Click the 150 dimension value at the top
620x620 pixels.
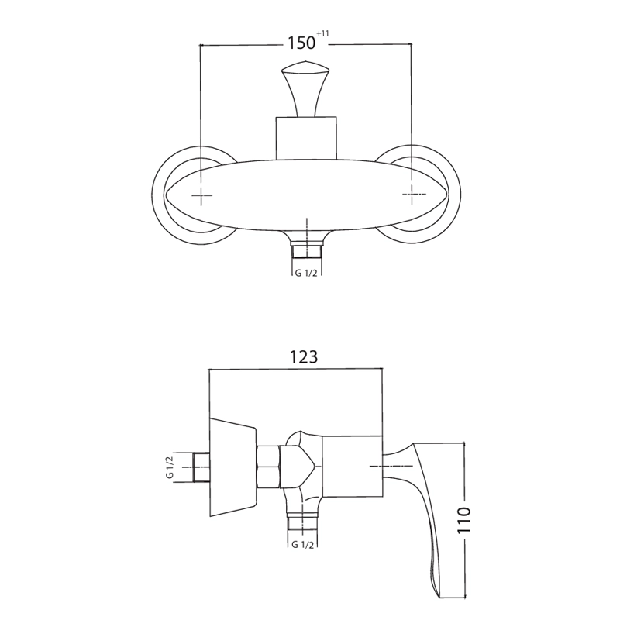click(301, 43)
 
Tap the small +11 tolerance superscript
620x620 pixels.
click(322, 33)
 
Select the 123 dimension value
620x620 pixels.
click(304, 356)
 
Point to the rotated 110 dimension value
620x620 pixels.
click(464, 519)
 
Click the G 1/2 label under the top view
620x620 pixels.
click(306, 273)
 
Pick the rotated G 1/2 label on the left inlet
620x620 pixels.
click(170, 467)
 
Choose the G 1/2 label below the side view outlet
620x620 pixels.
click(302, 545)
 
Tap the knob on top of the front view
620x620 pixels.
click(306, 88)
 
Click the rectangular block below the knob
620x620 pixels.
click(306, 138)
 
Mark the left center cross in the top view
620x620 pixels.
click(201, 195)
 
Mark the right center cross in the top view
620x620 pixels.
click(412, 195)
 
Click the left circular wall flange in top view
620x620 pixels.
click(158, 195)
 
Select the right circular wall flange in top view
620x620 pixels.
click(455, 195)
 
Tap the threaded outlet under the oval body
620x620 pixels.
click(307, 250)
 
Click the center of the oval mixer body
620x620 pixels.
click(307, 195)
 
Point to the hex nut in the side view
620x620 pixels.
click(268, 467)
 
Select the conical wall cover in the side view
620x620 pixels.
click(232, 467)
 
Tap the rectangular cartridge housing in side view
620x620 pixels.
click(353, 467)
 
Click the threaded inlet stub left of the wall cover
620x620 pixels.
click(201, 467)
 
